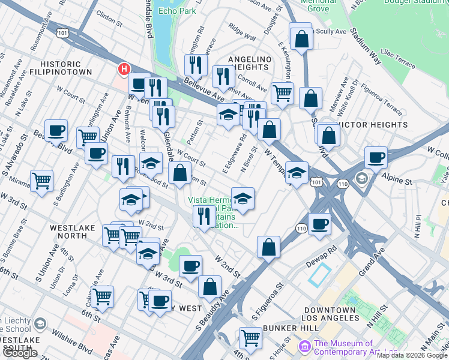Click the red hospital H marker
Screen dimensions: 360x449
pos(124,69)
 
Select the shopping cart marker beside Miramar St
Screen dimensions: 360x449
pos(41,180)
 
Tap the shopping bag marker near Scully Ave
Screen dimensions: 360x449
pos(301,38)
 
